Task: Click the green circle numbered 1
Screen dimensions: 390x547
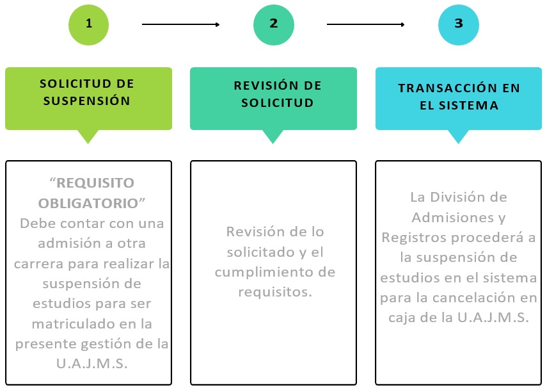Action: [x=88, y=24]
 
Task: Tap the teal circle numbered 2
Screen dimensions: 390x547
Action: [x=273, y=24]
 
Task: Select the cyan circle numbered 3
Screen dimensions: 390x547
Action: [x=458, y=24]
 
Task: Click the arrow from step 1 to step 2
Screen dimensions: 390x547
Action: [x=180, y=25]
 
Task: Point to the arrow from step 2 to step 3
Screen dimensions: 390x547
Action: [x=365, y=25]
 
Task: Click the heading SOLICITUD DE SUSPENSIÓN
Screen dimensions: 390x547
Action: [x=88, y=92]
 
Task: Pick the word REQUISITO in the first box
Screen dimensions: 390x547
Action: [x=95, y=183]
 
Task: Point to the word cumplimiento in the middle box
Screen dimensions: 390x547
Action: [x=275, y=272]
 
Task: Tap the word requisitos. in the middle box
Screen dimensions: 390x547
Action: [x=274, y=292]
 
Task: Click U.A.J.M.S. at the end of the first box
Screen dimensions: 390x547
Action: [x=92, y=364]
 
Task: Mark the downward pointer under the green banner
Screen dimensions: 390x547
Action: [x=88, y=136]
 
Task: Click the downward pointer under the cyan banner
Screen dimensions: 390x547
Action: [x=458, y=136]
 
